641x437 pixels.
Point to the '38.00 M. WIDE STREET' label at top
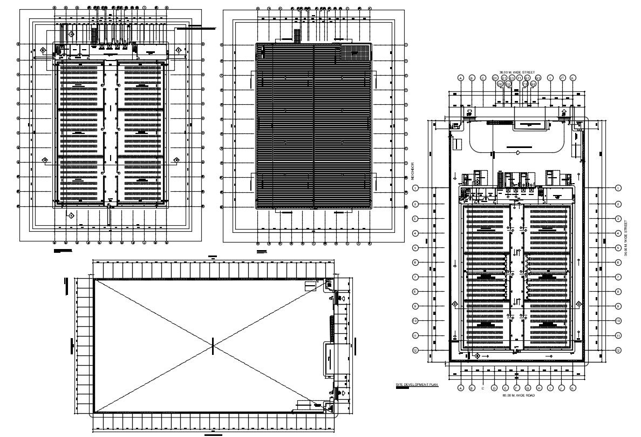[x=516, y=72]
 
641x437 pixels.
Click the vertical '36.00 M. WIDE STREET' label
[x=626, y=238]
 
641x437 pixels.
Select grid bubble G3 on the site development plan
[x=538, y=78]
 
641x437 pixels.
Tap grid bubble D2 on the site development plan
[x=500, y=84]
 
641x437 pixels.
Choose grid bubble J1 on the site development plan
[x=562, y=78]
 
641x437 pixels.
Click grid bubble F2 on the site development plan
[x=526, y=84]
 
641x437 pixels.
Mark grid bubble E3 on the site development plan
[x=512, y=78]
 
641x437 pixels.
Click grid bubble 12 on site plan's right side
[x=618, y=350]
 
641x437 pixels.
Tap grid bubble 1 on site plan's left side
[x=415, y=188]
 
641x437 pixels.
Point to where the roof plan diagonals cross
[x=213, y=346]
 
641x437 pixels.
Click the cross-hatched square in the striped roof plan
[x=356, y=52]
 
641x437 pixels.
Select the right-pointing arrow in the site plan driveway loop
[x=518, y=153]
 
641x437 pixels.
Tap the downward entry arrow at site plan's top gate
[x=470, y=113]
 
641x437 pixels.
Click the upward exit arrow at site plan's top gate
[x=564, y=113]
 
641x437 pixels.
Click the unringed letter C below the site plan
[x=483, y=388]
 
